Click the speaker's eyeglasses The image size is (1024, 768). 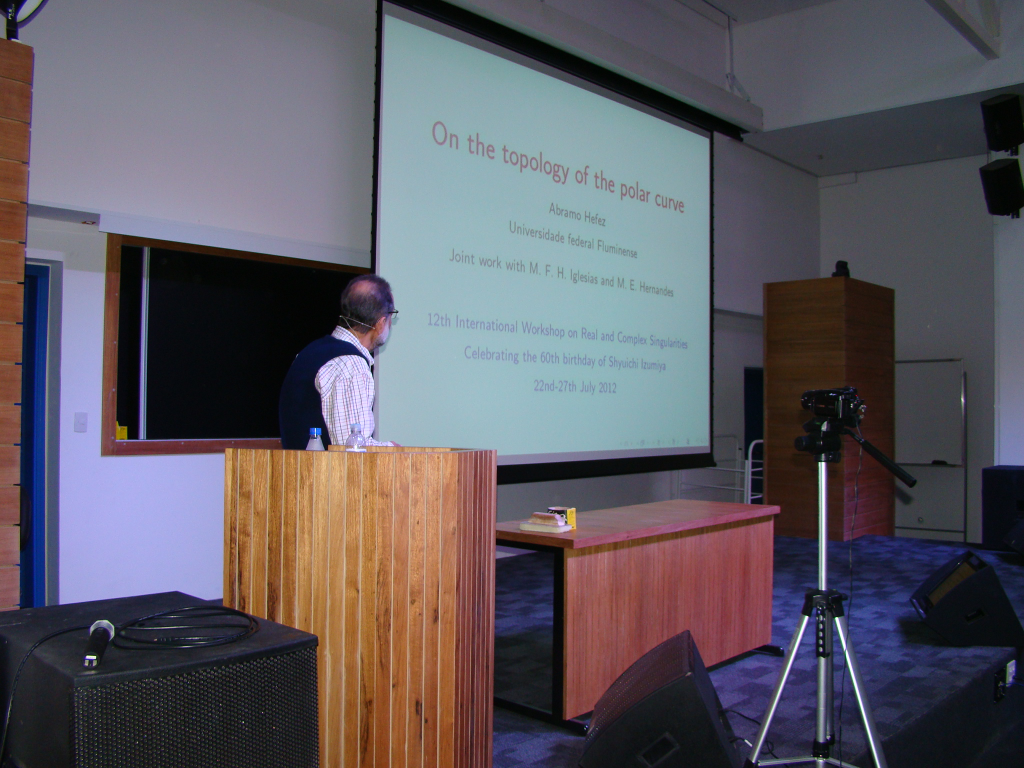click(392, 313)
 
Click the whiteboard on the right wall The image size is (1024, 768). click(929, 412)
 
